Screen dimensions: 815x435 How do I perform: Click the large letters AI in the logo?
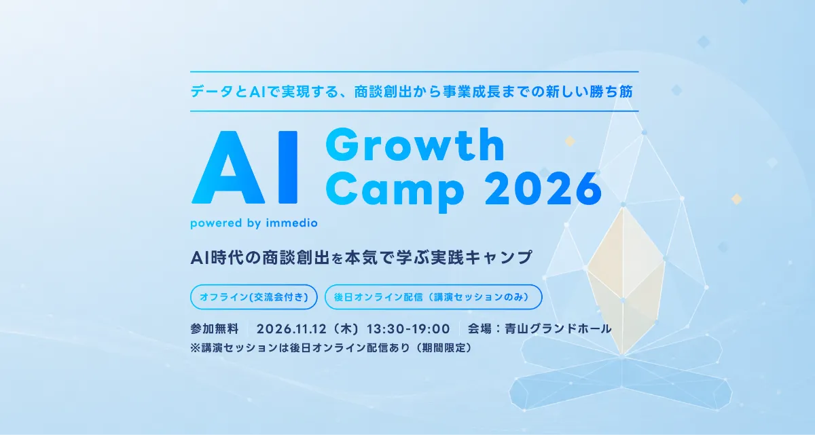pyautogui.click(x=244, y=167)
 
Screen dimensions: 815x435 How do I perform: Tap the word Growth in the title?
pyautogui.click(x=415, y=145)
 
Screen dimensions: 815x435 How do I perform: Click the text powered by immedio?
pyautogui.click(x=254, y=223)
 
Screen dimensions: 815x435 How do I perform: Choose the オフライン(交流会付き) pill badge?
pyautogui.click(x=254, y=297)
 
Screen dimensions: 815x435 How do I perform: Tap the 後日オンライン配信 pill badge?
pyautogui.click(x=433, y=297)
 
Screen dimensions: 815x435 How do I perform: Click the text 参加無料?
pyautogui.click(x=215, y=329)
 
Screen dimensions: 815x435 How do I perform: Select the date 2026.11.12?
pyautogui.click(x=291, y=329)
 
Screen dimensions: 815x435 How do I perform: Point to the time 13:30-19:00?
pyautogui.click(x=408, y=329)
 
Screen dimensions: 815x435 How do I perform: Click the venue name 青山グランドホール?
pyautogui.click(x=558, y=329)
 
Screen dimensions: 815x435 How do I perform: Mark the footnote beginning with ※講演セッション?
pyautogui.click(x=331, y=347)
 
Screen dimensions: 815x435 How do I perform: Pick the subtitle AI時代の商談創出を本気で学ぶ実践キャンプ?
pyautogui.click(x=361, y=257)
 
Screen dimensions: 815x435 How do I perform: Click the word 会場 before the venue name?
pyautogui.click(x=479, y=329)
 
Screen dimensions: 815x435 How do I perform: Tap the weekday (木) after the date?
pyautogui.click(x=346, y=329)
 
